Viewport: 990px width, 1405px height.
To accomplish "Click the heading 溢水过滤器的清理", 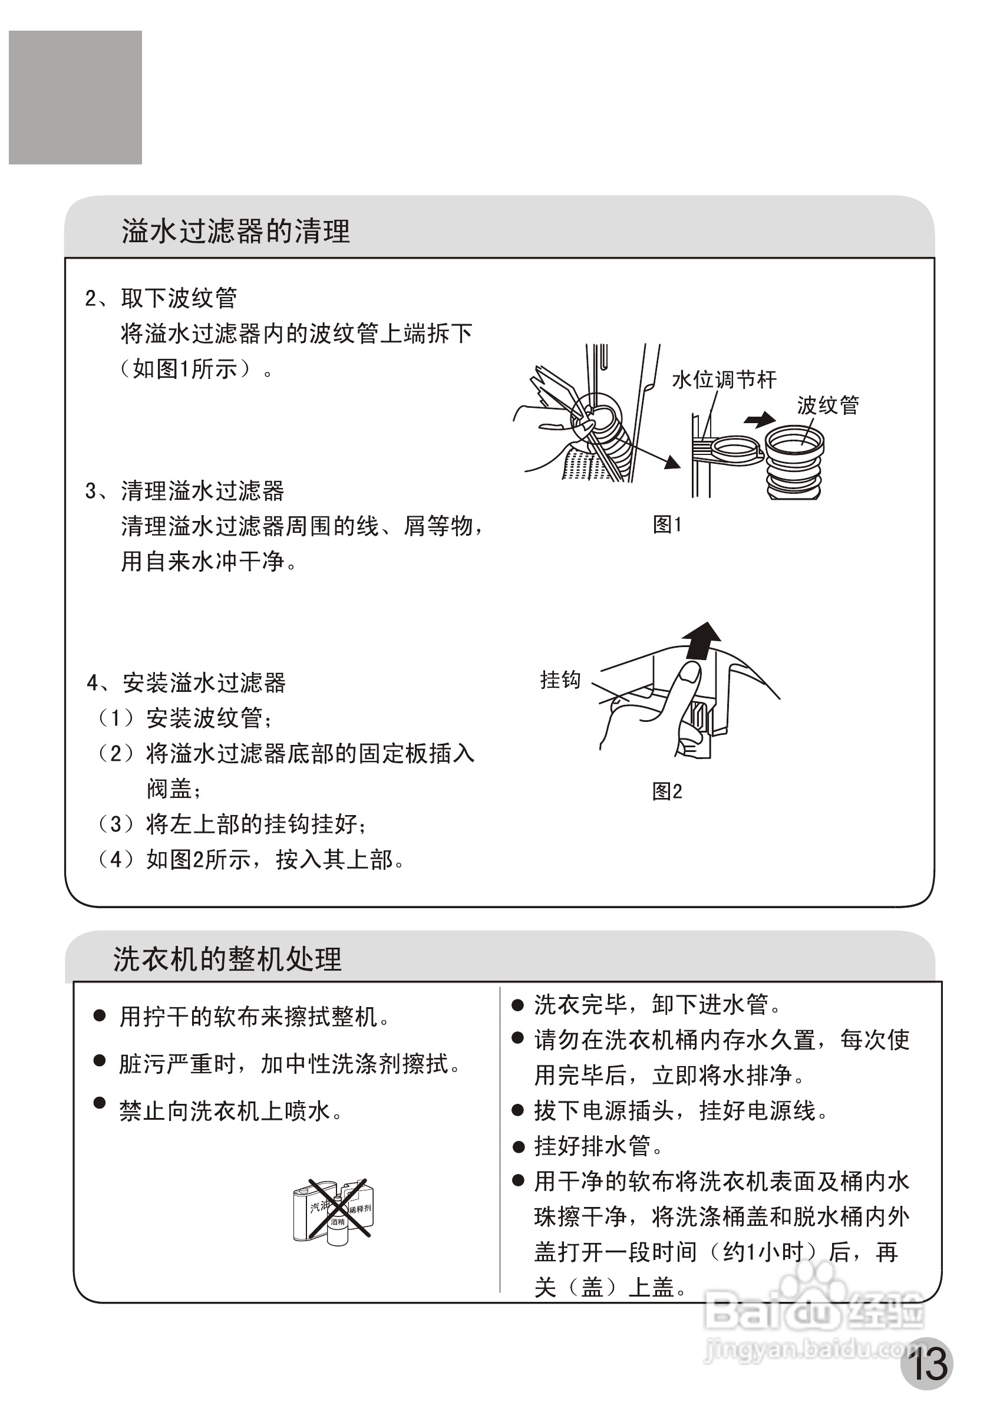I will click(236, 231).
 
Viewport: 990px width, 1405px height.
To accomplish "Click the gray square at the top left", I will click(75, 98).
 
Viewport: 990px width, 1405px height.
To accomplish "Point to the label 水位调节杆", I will click(724, 380).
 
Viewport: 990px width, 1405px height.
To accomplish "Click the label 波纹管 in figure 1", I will click(828, 405).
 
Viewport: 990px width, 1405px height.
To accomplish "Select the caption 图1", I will click(667, 525).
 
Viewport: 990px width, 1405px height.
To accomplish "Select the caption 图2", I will click(667, 791).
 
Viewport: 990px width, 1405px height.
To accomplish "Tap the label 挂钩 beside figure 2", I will click(560, 680).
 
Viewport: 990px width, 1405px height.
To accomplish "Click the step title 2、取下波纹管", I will click(161, 299).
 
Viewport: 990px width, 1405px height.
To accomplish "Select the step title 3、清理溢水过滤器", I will click(185, 491).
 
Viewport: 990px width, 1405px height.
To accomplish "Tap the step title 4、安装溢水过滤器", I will click(186, 683).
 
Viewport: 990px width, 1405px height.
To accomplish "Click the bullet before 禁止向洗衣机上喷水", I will click(99, 1103).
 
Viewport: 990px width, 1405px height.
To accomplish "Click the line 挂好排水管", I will click(592, 1146).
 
